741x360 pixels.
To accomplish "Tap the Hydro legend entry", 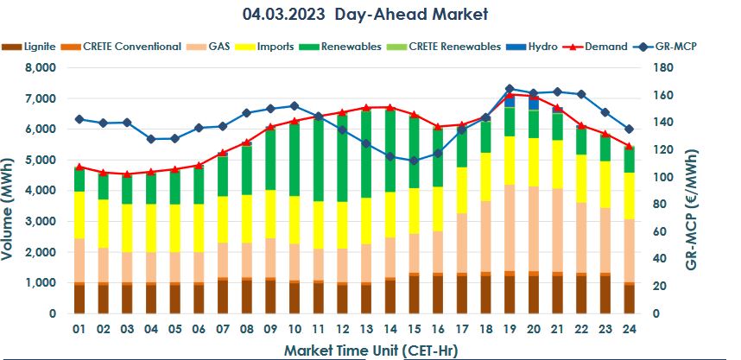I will [542, 46].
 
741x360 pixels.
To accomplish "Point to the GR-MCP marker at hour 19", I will [509, 88].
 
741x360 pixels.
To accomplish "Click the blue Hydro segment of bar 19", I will [509, 100].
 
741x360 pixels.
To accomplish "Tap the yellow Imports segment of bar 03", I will [126, 228].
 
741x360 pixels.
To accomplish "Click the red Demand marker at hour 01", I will [79, 167].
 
